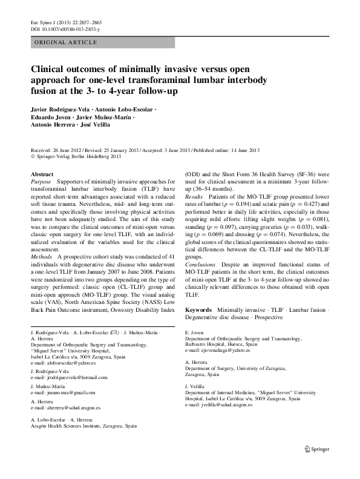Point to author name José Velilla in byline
tap(93, 124)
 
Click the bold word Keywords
tap(198, 309)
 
